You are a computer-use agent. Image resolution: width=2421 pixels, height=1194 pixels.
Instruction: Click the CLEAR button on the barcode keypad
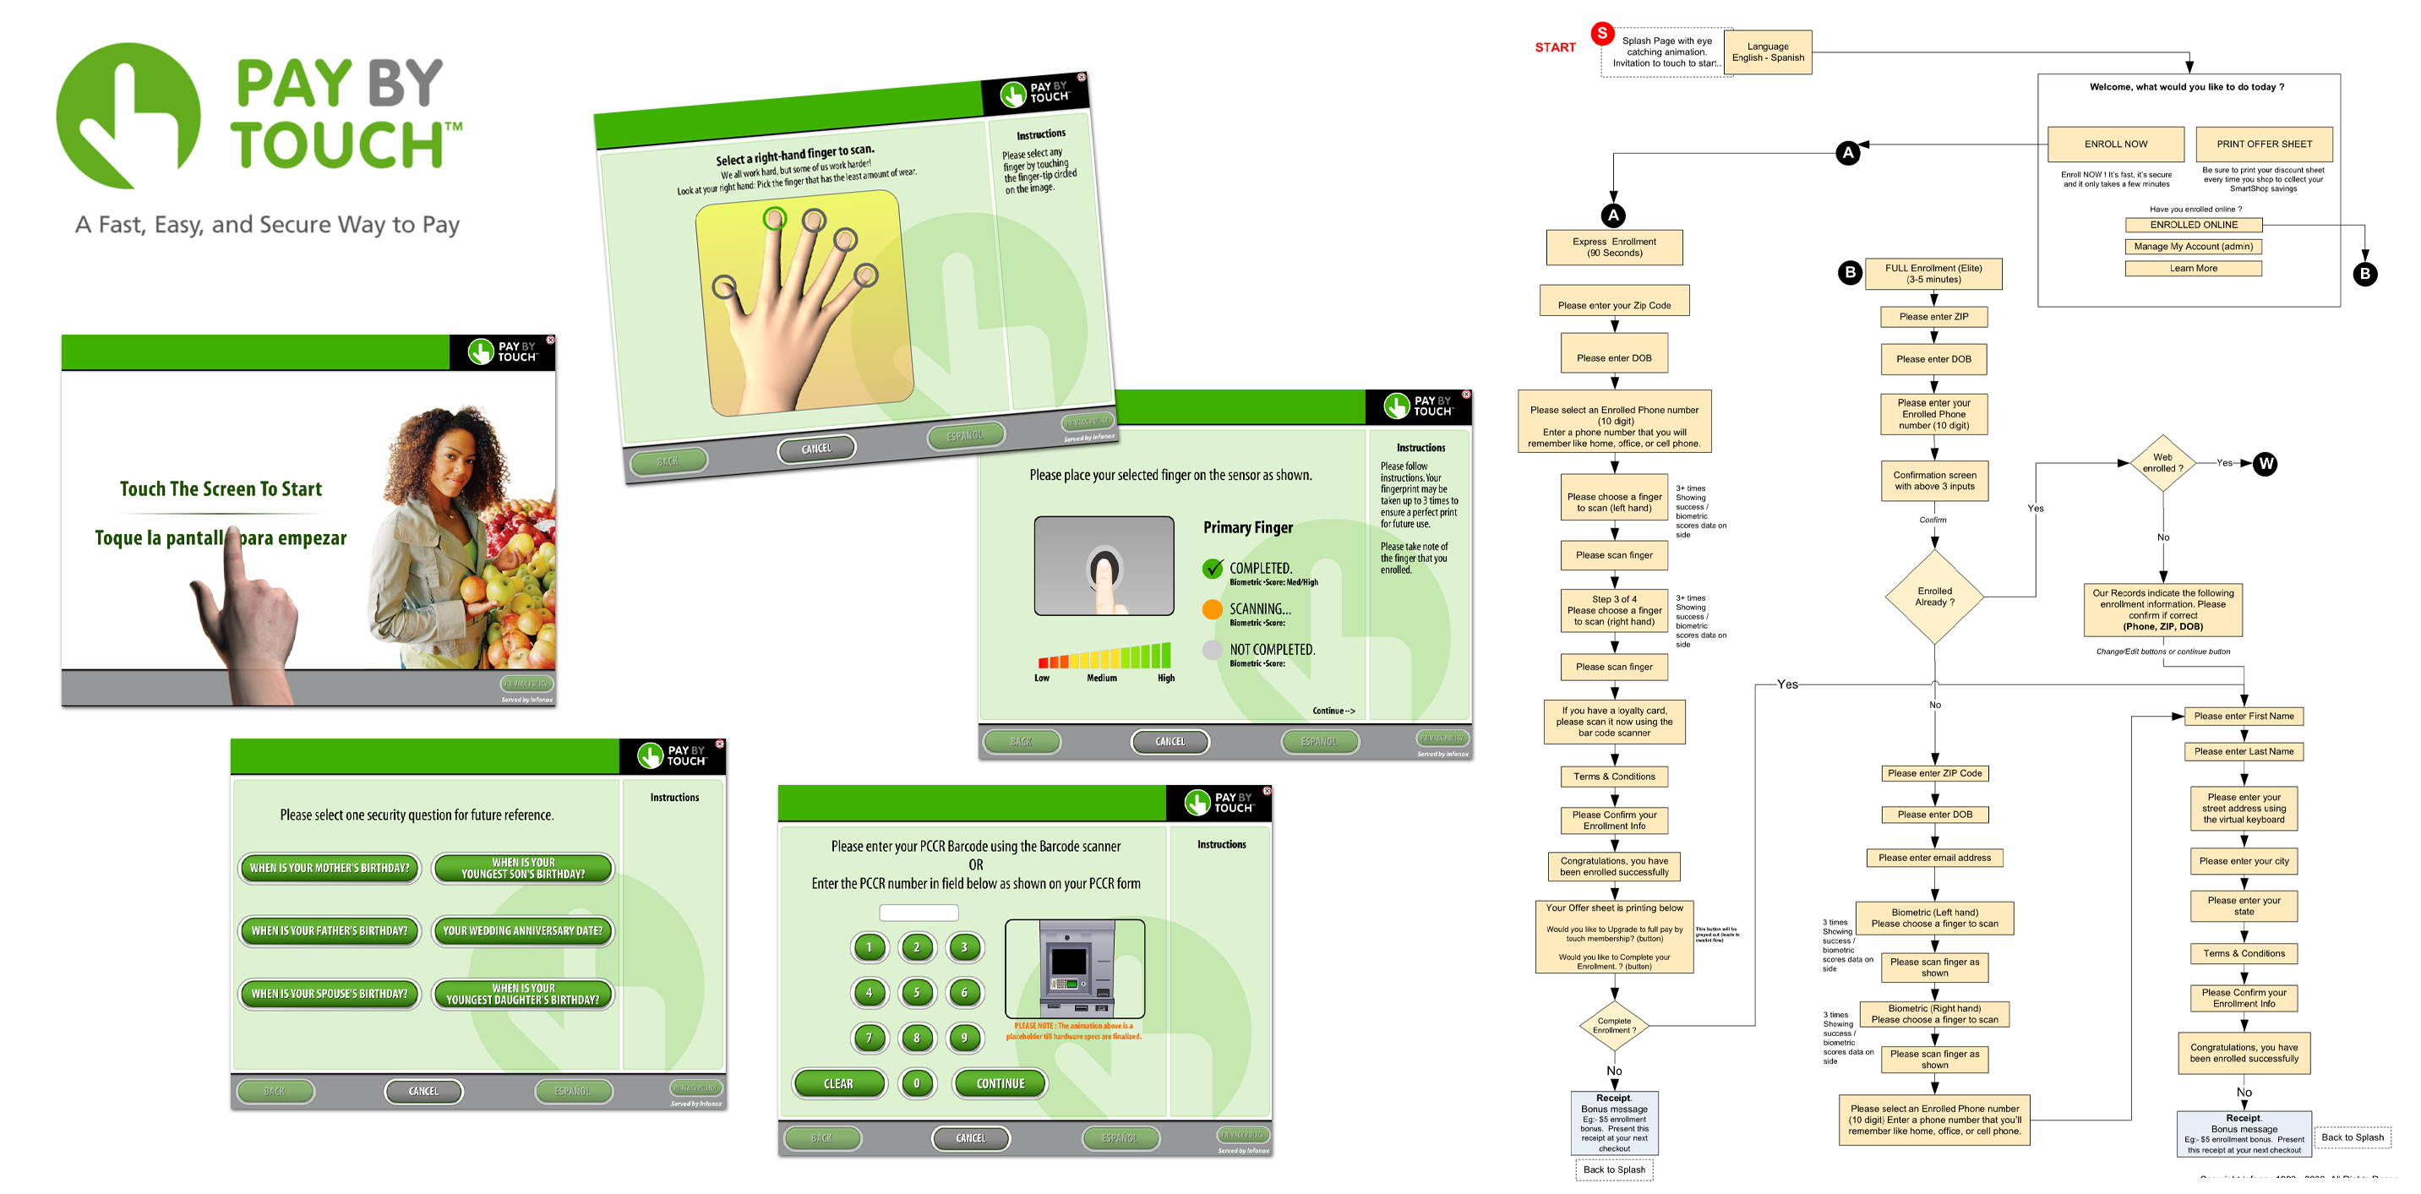point(838,1083)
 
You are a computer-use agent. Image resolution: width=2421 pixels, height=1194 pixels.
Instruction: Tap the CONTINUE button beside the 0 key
point(1000,1083)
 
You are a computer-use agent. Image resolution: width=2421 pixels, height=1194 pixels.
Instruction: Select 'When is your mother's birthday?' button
point(329,868)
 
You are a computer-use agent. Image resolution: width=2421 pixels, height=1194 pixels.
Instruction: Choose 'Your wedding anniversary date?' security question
point(522,930)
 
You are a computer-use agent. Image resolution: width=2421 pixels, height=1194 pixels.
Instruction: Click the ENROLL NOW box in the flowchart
point(2116,144)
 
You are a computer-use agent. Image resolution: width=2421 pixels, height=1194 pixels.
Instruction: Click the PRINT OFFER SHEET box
point(2263,144)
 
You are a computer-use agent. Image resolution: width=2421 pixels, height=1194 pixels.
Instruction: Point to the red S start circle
point(1601,33)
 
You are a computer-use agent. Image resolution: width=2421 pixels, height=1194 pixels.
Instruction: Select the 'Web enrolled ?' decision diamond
point(2162,462)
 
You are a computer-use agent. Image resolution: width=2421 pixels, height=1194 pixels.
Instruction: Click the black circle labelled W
point(2266,464)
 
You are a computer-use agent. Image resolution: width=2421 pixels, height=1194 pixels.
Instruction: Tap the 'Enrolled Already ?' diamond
point(1934,597)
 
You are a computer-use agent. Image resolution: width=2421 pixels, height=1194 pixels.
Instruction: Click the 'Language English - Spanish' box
point(1768,52)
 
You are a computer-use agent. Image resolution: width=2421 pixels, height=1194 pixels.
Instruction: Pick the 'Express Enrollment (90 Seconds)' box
point(1614,248)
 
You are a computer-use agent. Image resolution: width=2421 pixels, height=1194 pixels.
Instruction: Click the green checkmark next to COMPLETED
point(1213,568)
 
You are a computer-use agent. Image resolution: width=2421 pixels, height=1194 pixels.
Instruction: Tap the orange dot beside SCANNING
point(1213,609)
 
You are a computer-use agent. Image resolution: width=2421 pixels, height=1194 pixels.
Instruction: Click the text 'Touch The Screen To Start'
point(221,489)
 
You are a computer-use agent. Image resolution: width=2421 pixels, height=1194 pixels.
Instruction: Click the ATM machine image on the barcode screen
point(1075,968)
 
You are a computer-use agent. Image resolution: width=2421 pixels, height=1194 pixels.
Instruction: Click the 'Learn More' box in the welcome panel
point(2193,268)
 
